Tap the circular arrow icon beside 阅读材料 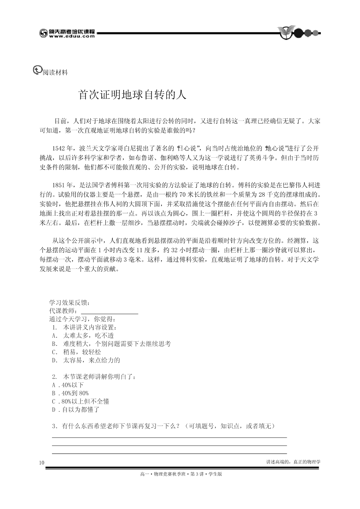pos(37,70)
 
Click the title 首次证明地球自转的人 pos(132,95)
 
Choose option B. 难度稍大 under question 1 pos(112,344)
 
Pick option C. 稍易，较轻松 pos(77,352)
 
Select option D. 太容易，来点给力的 pos(86,360)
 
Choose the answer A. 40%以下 pos(68,385)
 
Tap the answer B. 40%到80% pos(70,393)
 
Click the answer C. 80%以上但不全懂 pos(81,401)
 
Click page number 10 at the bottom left pos(42,463)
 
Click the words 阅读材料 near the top pos(55,72)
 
